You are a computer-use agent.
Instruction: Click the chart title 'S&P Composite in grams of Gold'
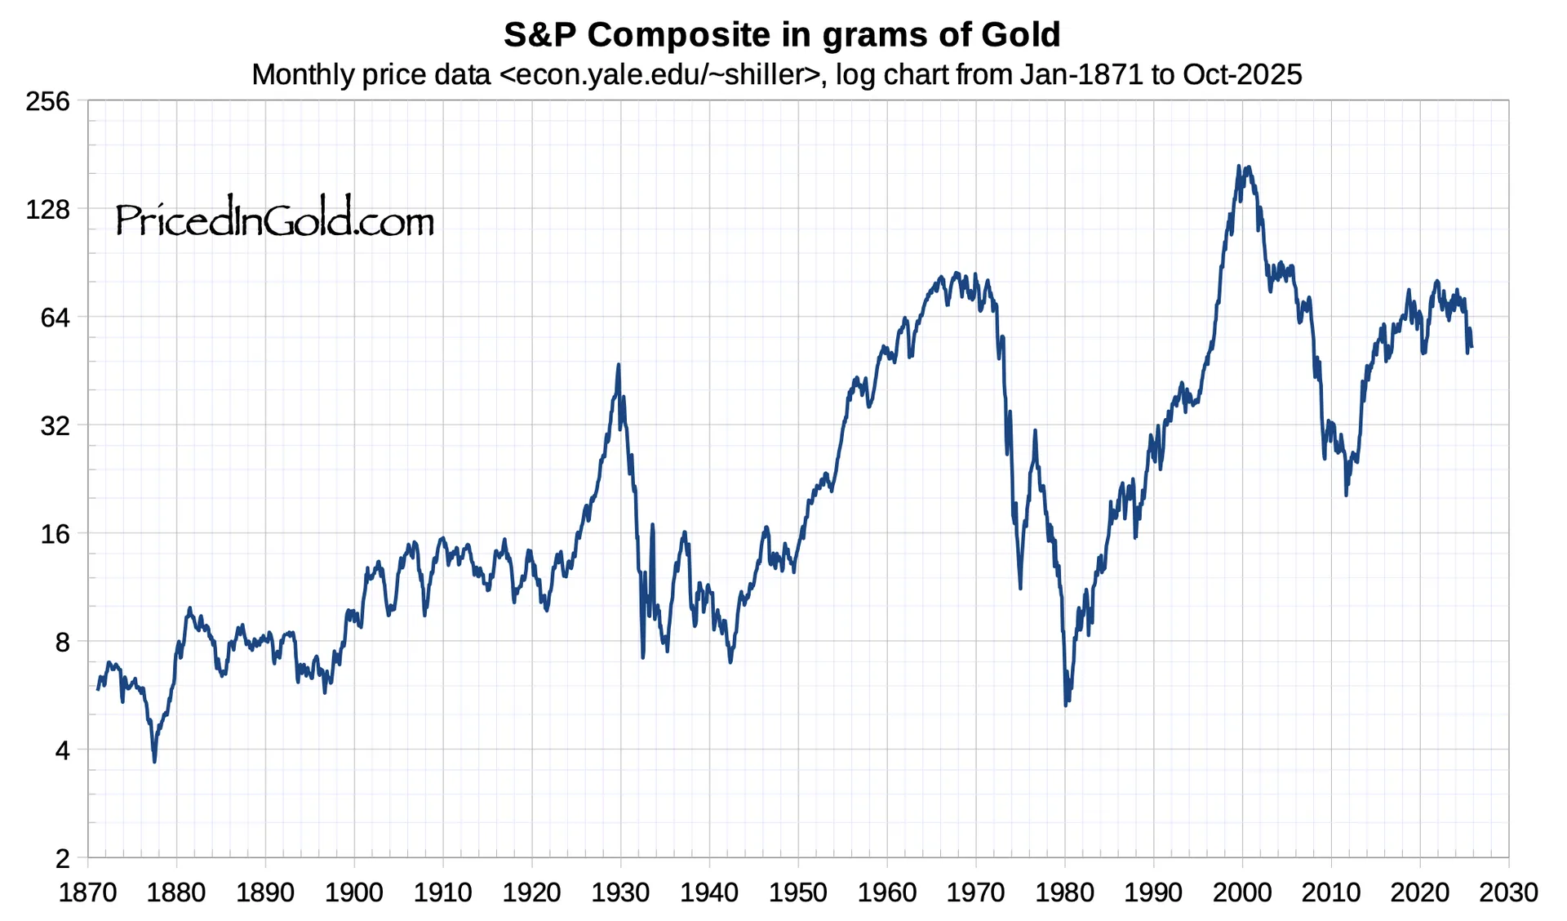click(x=781, y=35)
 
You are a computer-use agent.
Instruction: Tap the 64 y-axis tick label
click(x=55, y=317)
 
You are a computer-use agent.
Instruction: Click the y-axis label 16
click(x=55, y=534)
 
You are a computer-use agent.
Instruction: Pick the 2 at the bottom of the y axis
click(x=62, y=859)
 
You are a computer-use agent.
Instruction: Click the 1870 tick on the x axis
click(x=87, y=892)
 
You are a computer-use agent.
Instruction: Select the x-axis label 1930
click(x=620, y=892)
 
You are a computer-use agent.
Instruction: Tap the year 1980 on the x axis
click(x=1064, y=892)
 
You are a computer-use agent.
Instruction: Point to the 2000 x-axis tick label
click(x=1241, y=892)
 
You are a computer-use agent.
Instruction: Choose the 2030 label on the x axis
click(x=1508, y=892)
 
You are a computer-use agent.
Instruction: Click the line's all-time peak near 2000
click(x=1239, y=167)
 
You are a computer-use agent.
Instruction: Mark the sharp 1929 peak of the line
click(x=619, y=365)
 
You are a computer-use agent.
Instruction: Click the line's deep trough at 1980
click(x=1066, y=704)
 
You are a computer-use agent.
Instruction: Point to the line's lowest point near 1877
click(x=154, y=761)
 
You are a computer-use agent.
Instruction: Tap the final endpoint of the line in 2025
click(x=1471, y=346)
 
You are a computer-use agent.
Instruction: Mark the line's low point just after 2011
click(x=1346, y=494)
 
